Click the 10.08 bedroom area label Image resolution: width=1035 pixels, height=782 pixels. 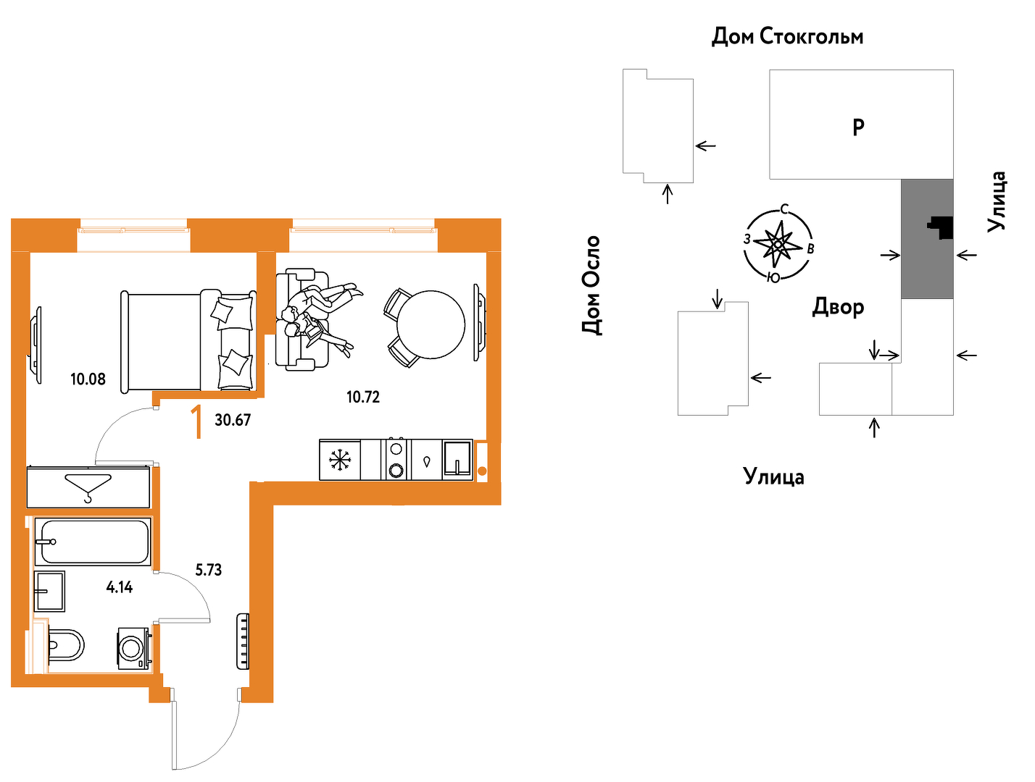[x=88, y=379]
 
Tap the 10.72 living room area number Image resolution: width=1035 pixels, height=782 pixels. [x=363, y=397]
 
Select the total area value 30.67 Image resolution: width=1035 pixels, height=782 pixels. [x=233, y=420]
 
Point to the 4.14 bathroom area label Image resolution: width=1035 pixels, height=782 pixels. [x=120, y=587]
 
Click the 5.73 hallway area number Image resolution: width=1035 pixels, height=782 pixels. [x=209, y=570]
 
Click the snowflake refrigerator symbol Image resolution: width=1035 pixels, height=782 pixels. [x=339, y=460]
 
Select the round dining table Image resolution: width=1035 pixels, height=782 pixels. [x=431, y=324]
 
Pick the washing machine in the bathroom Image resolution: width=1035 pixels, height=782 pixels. [x=134, y=648]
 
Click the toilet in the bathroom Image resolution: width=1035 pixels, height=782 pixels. [x=66, y=644]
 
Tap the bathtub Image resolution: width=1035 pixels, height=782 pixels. [x=93, y=542]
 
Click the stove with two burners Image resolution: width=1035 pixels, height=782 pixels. [x=396, y=460]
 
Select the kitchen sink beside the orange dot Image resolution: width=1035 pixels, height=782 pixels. [x=457, y=460]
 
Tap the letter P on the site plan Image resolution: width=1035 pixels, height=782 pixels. [x=858, y=127]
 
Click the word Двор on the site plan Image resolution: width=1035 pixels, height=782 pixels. [x=838, y=307]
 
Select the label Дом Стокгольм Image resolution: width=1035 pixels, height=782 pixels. [x=787, y=36]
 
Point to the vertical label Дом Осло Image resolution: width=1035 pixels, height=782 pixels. [x=591, y=286]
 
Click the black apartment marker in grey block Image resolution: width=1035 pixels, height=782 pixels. [x=942, y=227]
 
